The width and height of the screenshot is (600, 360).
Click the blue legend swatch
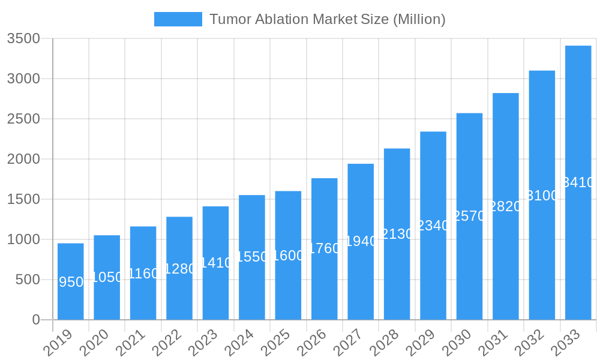(178, 19)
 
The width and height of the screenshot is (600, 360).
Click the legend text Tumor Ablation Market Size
(327, 19)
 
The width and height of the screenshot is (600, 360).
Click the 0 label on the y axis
(36, 320)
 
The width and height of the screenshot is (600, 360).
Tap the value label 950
(71, 282)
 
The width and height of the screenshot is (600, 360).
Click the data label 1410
(216, 263)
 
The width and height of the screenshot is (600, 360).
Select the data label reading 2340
(433, 226)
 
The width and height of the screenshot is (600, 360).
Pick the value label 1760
(325, 248)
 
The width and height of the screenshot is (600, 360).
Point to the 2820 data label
(506, 206)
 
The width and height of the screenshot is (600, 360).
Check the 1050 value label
(107, 277)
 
